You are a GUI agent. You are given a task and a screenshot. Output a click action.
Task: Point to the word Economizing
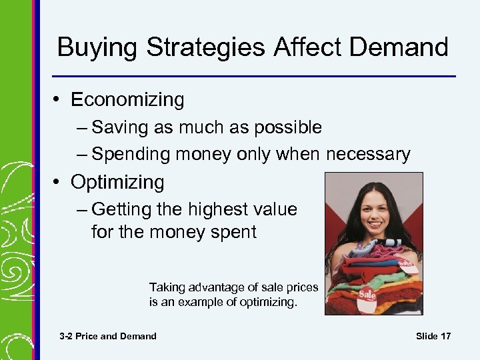pos(127,100)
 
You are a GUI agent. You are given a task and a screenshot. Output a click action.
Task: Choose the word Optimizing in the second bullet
pos(117,182)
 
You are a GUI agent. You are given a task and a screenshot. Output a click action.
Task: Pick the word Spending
pos(131,155)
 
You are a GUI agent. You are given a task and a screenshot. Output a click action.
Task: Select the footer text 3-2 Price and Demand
pos(108,336)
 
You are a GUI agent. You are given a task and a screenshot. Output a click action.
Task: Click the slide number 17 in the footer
pos(445,336)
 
